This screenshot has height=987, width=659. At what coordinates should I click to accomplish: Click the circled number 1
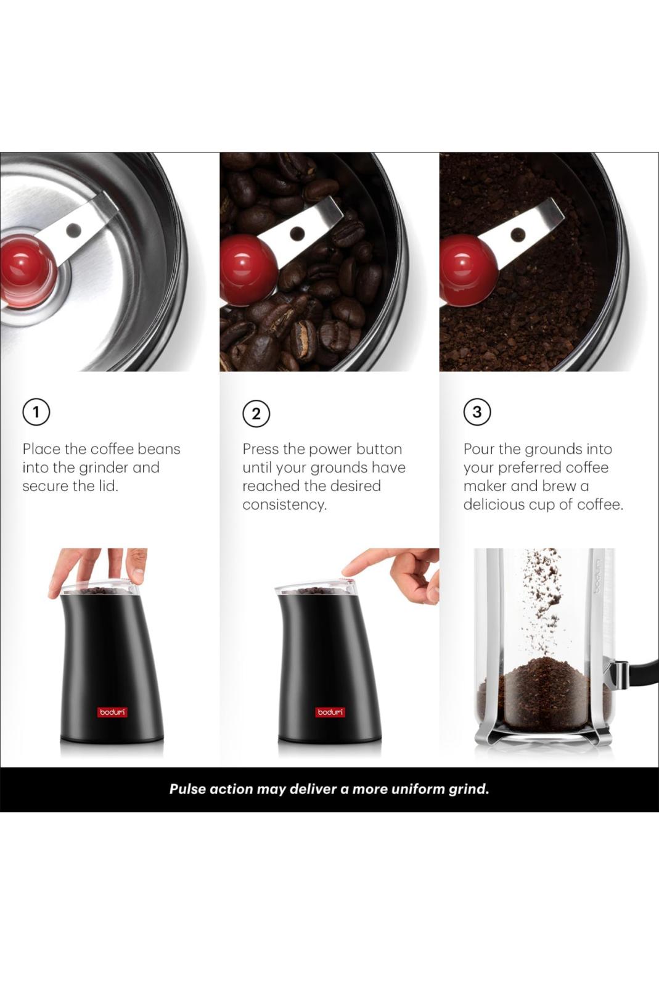36,413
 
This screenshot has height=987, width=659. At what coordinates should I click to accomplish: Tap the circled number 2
256,414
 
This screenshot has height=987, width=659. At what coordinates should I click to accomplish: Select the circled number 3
477,412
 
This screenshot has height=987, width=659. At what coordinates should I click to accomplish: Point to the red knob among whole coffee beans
248,270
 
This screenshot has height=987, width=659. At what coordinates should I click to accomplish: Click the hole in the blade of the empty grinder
73,229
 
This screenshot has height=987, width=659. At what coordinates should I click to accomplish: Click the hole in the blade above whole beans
298,232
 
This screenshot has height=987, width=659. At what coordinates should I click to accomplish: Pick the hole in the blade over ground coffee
518,233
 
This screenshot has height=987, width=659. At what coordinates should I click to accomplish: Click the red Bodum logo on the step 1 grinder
112,712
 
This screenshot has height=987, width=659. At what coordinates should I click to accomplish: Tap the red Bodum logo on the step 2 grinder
330,712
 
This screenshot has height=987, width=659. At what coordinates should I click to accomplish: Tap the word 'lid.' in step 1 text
108,486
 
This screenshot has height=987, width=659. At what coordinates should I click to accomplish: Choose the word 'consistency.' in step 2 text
285,505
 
